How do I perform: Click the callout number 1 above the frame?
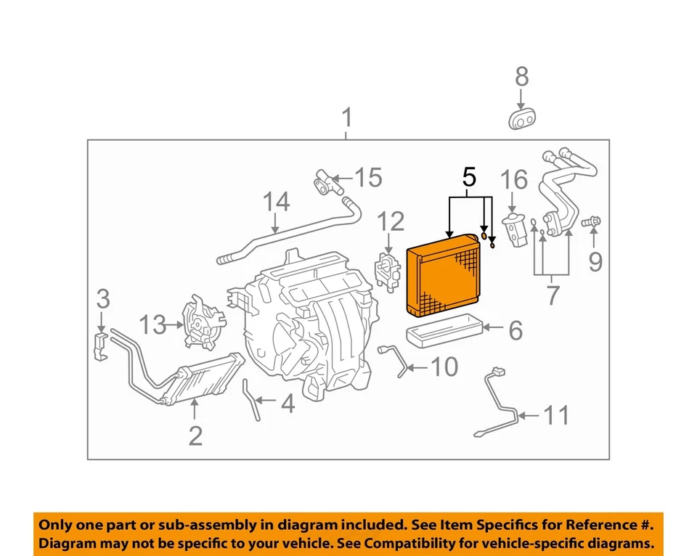tap(347, 118)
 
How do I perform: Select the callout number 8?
tap(521, 76)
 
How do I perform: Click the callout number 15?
tap(368, 176)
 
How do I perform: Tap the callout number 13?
tap(153, 326)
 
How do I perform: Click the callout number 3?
tap(103, 298)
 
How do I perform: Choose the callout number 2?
tap(195, 436)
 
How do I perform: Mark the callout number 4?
tap(288, 404)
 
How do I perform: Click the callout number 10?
tap(444, 367)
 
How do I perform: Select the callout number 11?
tap(557, 415)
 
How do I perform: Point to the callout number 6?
tap(515, 331)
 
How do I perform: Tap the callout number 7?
tap(553, 295)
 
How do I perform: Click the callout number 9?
tap(595, 261)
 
